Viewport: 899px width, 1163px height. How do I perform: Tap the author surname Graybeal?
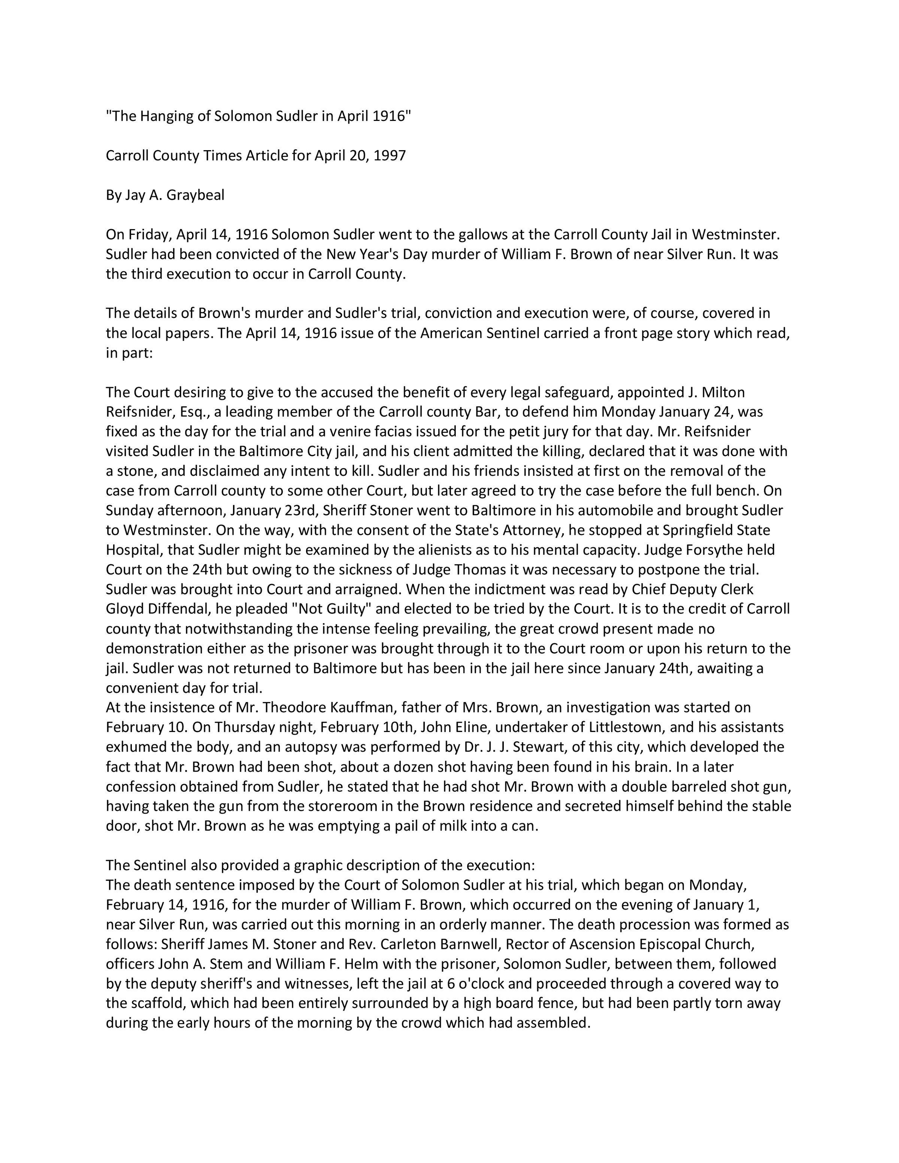click(x=196, y=195)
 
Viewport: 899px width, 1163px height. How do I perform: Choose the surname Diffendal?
click(x=177, y=609)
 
